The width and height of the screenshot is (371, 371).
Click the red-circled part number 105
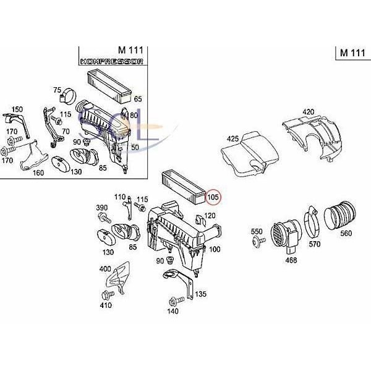click(213, 197)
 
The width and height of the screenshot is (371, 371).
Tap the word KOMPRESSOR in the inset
click(112, 61)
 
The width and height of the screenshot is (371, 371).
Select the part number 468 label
click(291, 260)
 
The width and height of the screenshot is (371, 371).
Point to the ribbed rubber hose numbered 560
click(339, 215)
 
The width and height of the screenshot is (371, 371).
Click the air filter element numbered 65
click(109, 86)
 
